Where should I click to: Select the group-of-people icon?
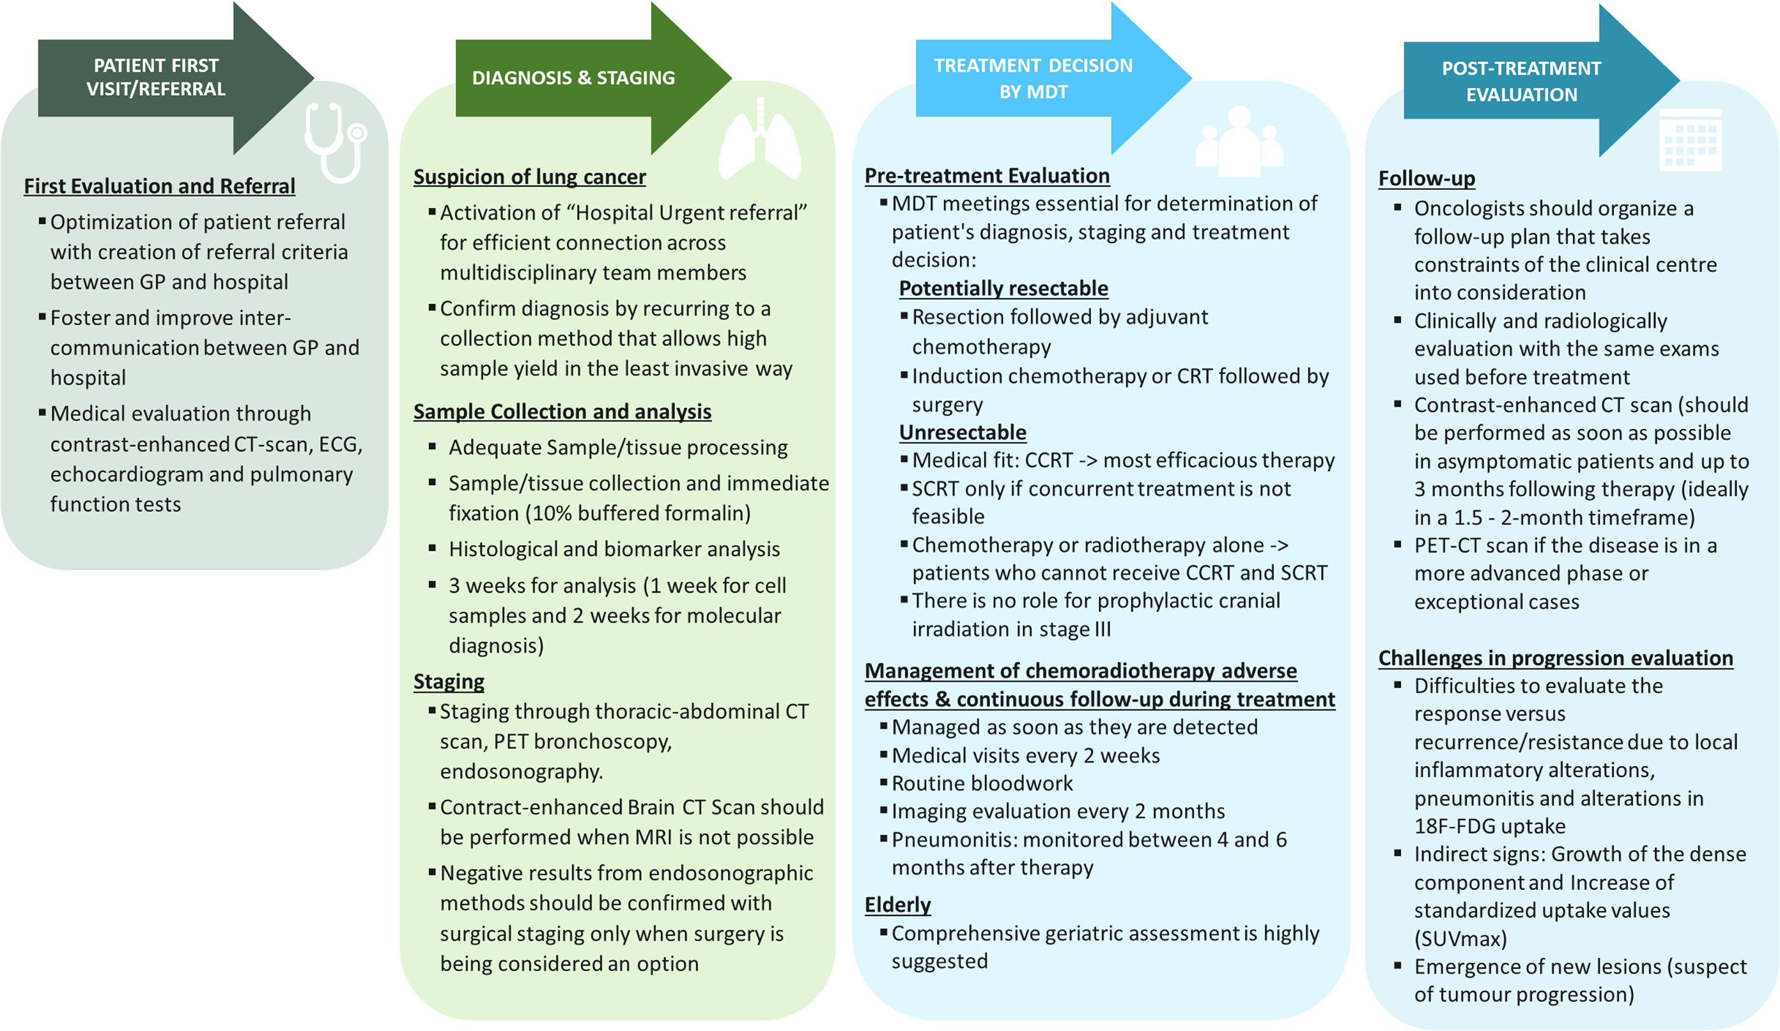click(1239, 142)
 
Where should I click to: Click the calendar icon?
click(1690, 139)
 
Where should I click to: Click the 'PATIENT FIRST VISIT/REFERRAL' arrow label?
click(156, 77)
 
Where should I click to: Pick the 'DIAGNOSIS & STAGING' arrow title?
click(573, 78)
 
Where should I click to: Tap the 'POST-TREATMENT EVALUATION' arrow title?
click(1521, 81)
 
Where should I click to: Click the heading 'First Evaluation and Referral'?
click(160, 186)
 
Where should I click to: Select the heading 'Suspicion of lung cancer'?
click(529, 176)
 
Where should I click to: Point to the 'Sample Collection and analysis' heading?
click(562, 411)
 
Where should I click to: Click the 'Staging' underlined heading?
click(449, 681)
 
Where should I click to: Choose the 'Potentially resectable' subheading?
click(1003, 288)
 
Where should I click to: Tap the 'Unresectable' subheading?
click(962, 432)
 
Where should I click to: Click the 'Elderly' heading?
click(897, 905)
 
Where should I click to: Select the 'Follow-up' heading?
click(1426, 179)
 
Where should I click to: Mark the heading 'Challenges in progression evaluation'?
click(1555, 658)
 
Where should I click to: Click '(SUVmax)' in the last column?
click(1460, 938)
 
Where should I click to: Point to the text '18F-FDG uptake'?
click(1489, 826)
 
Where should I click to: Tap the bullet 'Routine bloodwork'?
click(982, 783)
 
